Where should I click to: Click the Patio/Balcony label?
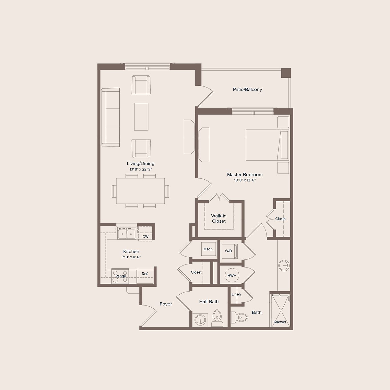247,89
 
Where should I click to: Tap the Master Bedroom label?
245,174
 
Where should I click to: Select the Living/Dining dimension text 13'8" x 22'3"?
141,169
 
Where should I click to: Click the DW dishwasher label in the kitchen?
146,237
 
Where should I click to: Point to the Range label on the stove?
121,276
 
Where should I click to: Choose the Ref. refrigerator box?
145,275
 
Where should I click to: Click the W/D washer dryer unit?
229,251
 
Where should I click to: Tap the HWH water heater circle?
232,276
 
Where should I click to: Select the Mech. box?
208,250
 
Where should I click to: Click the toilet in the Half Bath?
217,318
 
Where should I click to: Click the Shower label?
280,322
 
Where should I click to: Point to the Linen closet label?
236,294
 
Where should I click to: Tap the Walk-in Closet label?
219,218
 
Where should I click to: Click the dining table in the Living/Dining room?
140,191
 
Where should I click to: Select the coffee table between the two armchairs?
141,116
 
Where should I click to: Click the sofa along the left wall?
110,117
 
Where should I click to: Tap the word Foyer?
166,304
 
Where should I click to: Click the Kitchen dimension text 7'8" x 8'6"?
131,257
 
